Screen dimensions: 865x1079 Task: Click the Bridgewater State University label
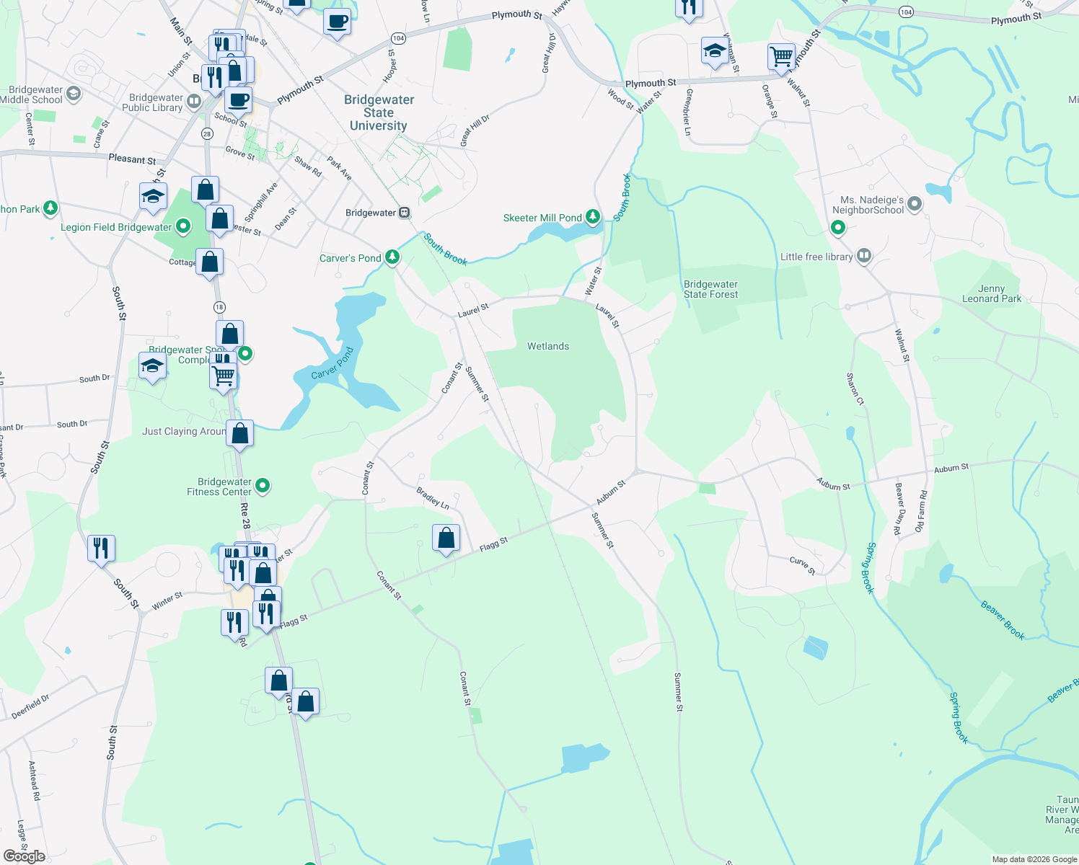coord(379,112)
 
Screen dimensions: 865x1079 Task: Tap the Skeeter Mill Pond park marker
coord(592,216)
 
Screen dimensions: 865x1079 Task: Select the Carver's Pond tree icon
coord(392,257)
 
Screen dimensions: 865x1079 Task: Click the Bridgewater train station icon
coord(405,213)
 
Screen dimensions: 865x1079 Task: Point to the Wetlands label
coord(548,347)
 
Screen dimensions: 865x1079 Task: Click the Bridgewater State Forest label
coord(710,289)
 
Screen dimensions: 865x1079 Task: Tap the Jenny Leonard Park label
coord(992,293)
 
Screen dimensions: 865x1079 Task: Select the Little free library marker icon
coord(864,256)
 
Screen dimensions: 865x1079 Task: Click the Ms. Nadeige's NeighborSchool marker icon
coord(915,204)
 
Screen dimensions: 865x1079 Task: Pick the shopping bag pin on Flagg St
coord(446,538)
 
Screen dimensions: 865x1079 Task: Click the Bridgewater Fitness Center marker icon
coord(263,486)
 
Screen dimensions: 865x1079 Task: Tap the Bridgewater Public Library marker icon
coord(193,102)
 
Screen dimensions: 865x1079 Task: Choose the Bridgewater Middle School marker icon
coord(73,94)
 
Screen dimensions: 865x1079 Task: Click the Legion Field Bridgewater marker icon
coord(183,226)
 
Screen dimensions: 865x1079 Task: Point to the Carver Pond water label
coord(332,363)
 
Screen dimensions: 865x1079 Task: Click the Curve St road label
coord(802,566)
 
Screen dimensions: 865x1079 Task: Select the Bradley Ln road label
coord(433,498)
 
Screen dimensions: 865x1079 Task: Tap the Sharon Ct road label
coord(855,389)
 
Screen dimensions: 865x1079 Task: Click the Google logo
coord(25,856)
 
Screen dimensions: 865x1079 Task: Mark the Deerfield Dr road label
coord(30,706)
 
